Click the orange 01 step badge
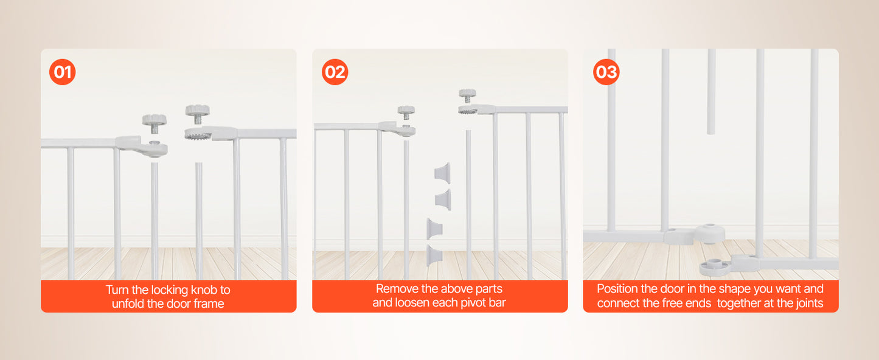[x=62, y=72]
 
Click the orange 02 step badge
[x=335, y=72]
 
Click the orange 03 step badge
[x=606, y=72]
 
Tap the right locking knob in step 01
[x=197, y=111]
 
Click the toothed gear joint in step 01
[x=198, y=134]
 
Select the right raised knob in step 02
[x=467, y=95]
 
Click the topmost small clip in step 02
[x=442, y=171]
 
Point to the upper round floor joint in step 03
[x=709, y=233]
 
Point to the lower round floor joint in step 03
[x=715, y=266]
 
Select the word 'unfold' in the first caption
[x=127, y=304]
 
